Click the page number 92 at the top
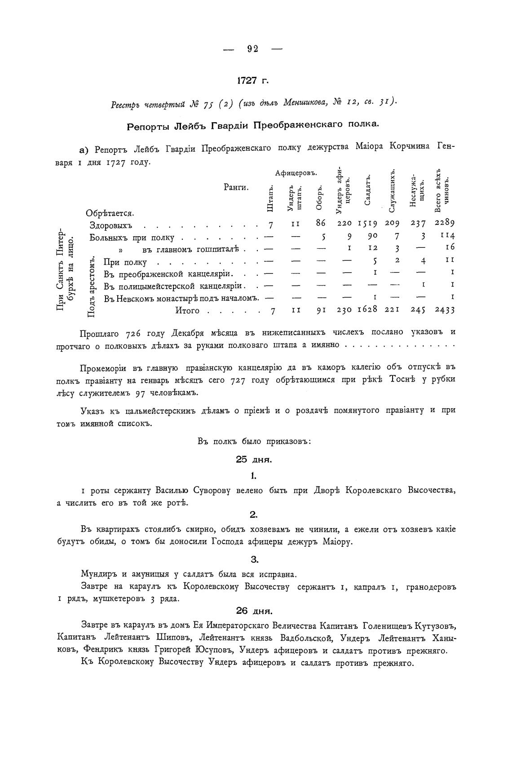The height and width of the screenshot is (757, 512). [252, 49]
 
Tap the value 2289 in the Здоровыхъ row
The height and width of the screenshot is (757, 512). [445, 223]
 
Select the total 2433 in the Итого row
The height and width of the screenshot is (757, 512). [445, 309]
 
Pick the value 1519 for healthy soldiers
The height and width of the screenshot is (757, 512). [368, 223]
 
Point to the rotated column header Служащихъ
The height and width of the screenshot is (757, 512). [392, 191]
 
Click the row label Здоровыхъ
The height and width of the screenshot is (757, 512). [110, 226]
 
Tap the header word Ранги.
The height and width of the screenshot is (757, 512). [236, 187]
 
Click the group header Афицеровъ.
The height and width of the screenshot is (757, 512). [296, 173]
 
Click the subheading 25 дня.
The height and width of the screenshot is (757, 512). [254, 459]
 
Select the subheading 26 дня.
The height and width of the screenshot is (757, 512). [254, 611]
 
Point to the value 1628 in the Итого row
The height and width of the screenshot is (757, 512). [368, 309]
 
